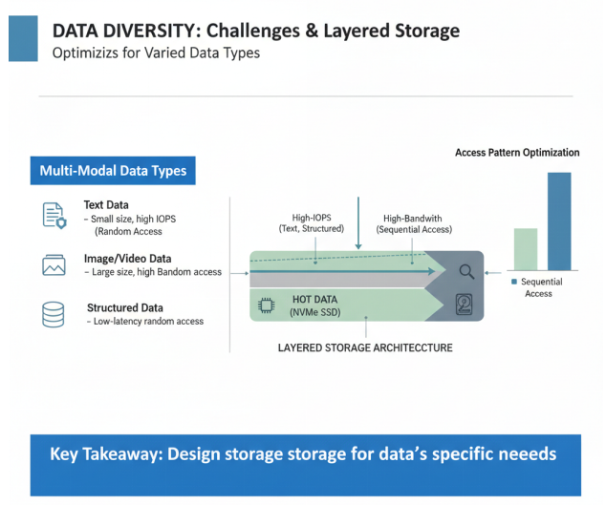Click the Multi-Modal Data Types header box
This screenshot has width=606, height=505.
(113, 171)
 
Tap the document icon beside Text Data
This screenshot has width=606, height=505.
(54, 215)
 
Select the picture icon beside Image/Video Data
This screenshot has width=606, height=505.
(54, 265)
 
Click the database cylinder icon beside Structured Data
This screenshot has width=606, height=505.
(54, 314)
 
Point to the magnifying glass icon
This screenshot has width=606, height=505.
(466, 271)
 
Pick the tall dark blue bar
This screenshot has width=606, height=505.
(559, 221)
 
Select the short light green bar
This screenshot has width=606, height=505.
(526, 248)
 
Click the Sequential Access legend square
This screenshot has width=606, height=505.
(513, 283)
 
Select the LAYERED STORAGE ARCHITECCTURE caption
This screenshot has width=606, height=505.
(365, 348)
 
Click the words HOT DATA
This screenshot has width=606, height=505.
(315, 300)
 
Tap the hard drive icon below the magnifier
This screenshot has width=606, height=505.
(465, 305)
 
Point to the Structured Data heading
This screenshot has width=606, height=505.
(125, 307)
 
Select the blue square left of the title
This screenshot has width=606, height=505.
(23, 38)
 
